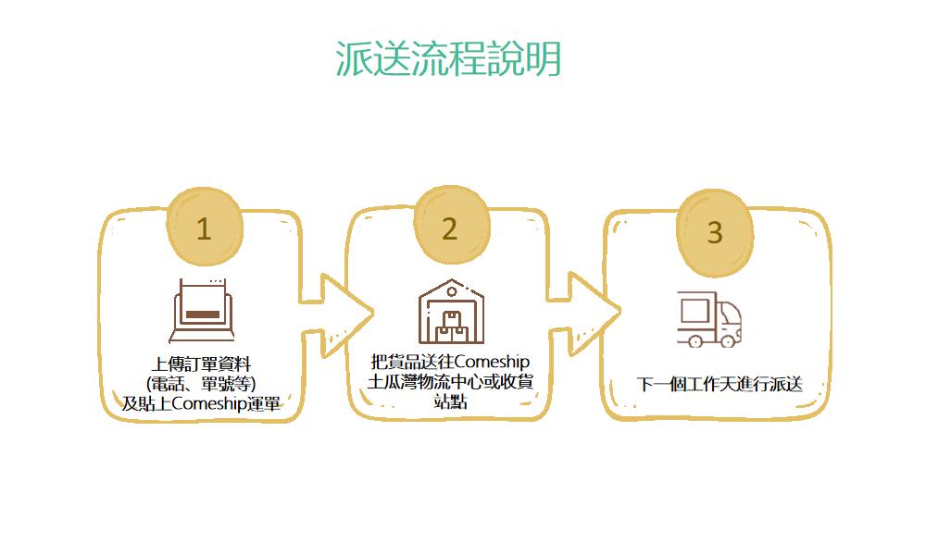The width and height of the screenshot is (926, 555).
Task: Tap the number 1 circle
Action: pos(204,228)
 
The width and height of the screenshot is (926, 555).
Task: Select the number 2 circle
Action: pos(449,228)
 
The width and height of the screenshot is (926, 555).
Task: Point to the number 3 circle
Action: pos(714,231)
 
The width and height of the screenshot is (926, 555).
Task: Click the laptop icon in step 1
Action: pos(203,309)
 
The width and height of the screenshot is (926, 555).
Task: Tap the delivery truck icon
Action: pos(709,319)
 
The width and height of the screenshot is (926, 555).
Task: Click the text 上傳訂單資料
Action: pos(202,363)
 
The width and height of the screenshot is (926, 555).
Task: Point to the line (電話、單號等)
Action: pos(202,383)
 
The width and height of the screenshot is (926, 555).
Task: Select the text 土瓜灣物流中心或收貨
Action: pos(450,382)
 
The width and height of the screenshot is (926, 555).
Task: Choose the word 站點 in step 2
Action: pos(450,402)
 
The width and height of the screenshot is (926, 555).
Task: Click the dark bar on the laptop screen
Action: pos(203,314)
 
